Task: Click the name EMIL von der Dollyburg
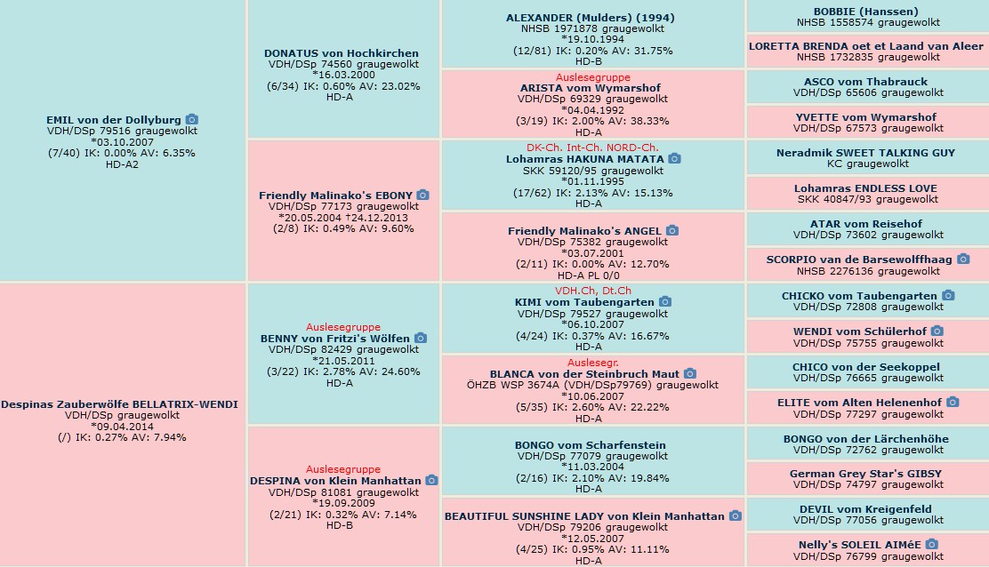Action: pos(114,120)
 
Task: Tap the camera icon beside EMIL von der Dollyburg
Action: pos(192,119)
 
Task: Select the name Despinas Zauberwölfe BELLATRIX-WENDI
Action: pos(119,404)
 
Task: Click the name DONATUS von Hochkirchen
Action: pos(342,53)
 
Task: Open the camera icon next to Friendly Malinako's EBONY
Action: pos(422,195)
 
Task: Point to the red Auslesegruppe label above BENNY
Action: pos(343,327)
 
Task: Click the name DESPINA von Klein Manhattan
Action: pos(335,481)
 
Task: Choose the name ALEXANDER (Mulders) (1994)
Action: pos(591,18)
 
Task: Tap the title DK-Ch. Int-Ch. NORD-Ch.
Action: pos(592,148)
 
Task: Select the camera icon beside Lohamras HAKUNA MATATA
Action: pos(674,158)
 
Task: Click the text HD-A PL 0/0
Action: pos(589,276)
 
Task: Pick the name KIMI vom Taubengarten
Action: pos(584,302)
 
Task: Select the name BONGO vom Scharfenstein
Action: pos(591,444)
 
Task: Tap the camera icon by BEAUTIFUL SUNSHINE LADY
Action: pos(735,515)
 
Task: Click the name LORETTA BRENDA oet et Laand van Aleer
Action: pos(866,46)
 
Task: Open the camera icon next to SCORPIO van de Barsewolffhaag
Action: pos(963,259)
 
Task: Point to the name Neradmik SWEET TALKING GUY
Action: pos(866,153)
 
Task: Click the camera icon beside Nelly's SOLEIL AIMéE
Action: pos(931,544)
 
